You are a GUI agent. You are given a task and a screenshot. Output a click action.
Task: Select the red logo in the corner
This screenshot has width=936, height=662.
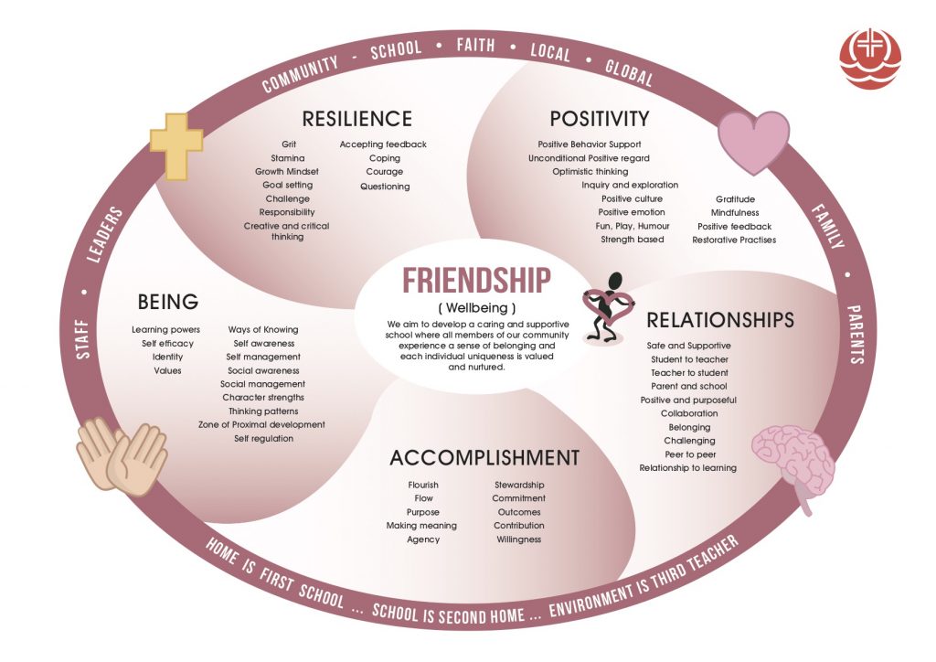point(870,59)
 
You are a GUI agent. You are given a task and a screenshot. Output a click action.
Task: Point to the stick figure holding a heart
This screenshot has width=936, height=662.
point(608,307)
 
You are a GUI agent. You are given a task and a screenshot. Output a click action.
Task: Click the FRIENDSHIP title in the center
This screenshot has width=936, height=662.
point(476,281)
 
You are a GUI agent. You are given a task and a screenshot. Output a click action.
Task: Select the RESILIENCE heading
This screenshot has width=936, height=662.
point(357,119)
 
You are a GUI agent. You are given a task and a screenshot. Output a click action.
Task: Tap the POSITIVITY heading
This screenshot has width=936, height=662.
point(600,119)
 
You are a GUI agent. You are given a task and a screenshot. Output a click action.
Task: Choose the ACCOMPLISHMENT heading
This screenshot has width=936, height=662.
point(484,458)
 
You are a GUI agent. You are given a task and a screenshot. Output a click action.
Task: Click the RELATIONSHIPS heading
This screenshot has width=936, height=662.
point(720,320)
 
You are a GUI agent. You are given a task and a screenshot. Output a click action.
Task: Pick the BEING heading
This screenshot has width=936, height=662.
point(168,302)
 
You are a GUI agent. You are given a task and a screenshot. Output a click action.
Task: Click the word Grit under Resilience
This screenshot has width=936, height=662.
point(289,144)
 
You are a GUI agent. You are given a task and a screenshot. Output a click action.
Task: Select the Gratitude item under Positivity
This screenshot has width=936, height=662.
point(735,199)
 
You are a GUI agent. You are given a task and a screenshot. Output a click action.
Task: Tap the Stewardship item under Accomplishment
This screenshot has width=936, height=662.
point(519,486)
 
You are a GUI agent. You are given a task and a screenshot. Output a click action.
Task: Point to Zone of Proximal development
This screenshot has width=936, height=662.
point(261,425)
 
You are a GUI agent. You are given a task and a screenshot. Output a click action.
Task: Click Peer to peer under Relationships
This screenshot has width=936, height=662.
point(690,454)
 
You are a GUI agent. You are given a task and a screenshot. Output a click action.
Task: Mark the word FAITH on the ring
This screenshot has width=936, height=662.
point(475,46)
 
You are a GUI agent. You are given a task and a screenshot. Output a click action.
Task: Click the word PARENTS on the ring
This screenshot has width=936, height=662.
point(856,335)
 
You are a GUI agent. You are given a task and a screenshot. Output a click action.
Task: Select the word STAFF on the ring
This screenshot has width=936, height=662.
point(83,339)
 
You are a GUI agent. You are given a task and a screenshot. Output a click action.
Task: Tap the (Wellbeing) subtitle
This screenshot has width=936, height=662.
point(476,308)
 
